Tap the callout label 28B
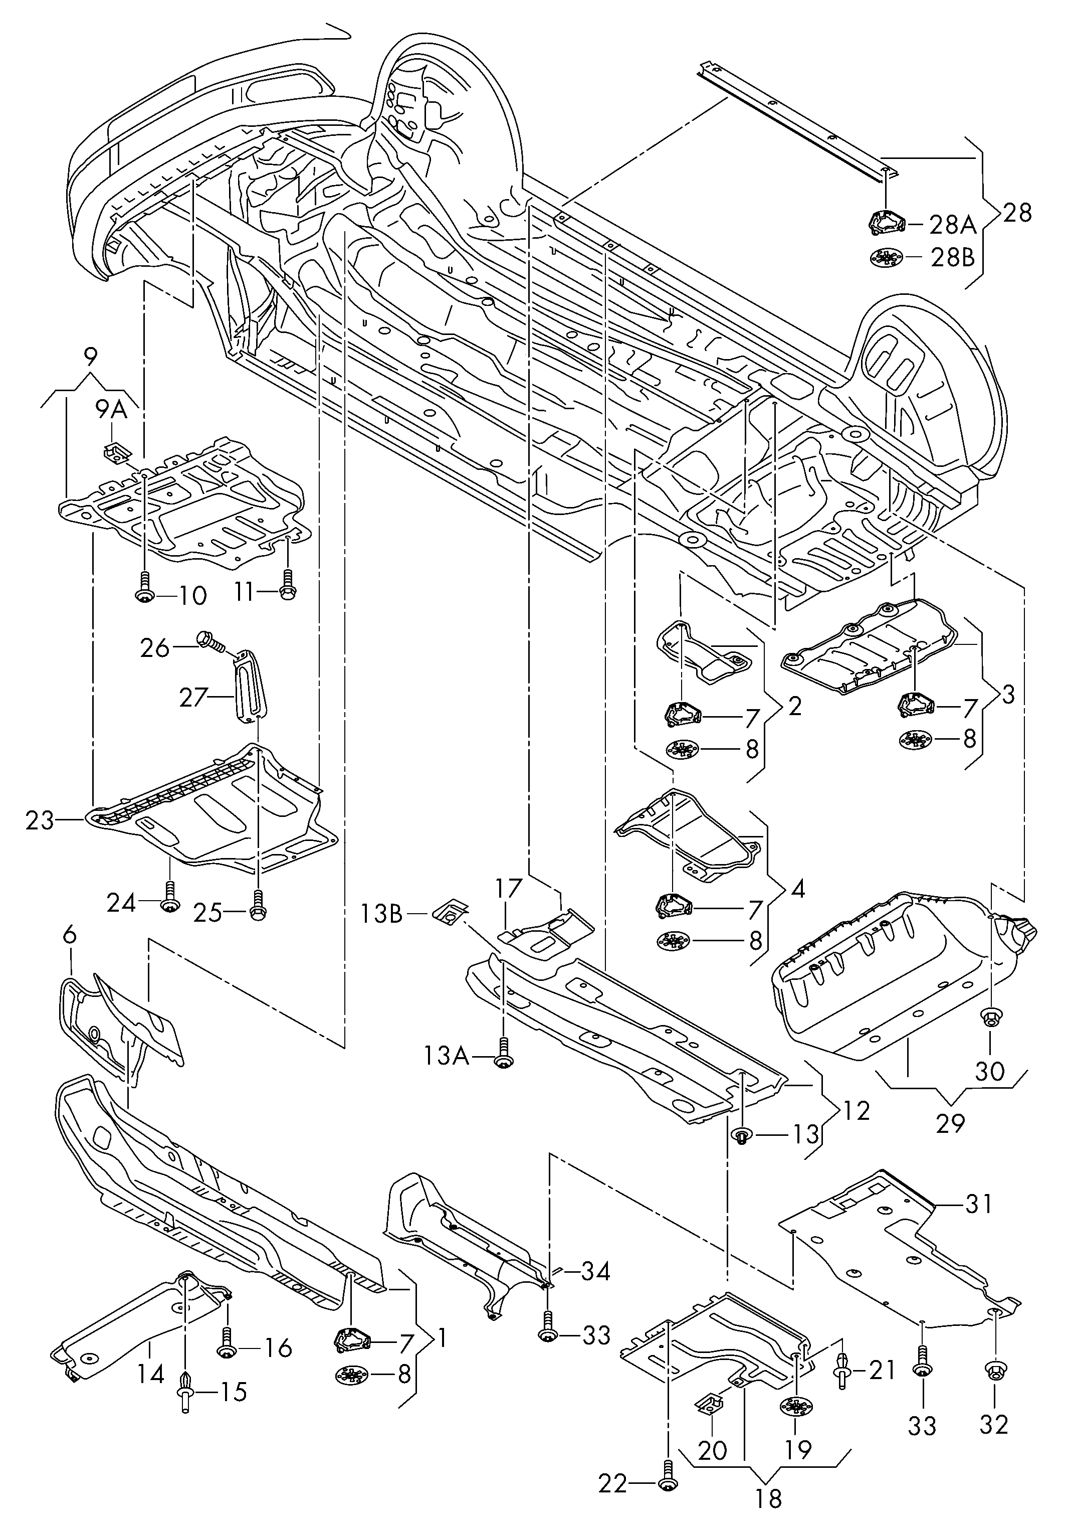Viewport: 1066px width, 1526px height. pyautogui.click(x=952, y=257)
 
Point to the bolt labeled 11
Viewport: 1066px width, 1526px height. pyautogui.click(x=288, y=584)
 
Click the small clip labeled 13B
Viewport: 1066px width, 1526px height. pyautogui.click(x=450, y=911)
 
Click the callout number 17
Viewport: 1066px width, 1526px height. pyautogui.click(x=509, y=889)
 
